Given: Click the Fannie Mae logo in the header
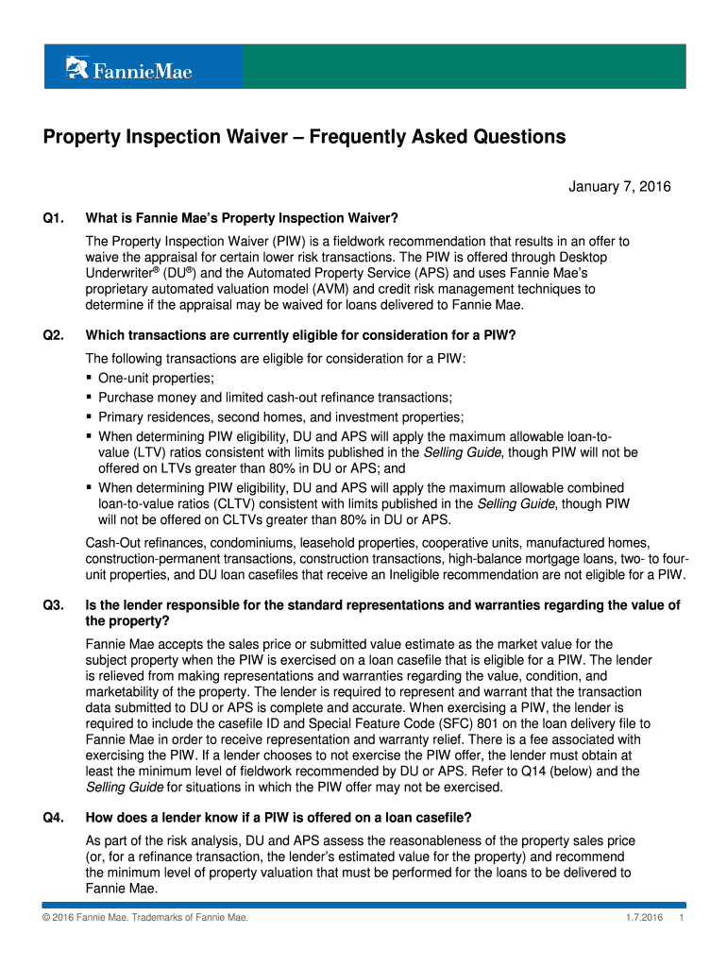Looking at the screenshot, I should click(128, 69).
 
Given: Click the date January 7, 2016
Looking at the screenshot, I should click(619, 187).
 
